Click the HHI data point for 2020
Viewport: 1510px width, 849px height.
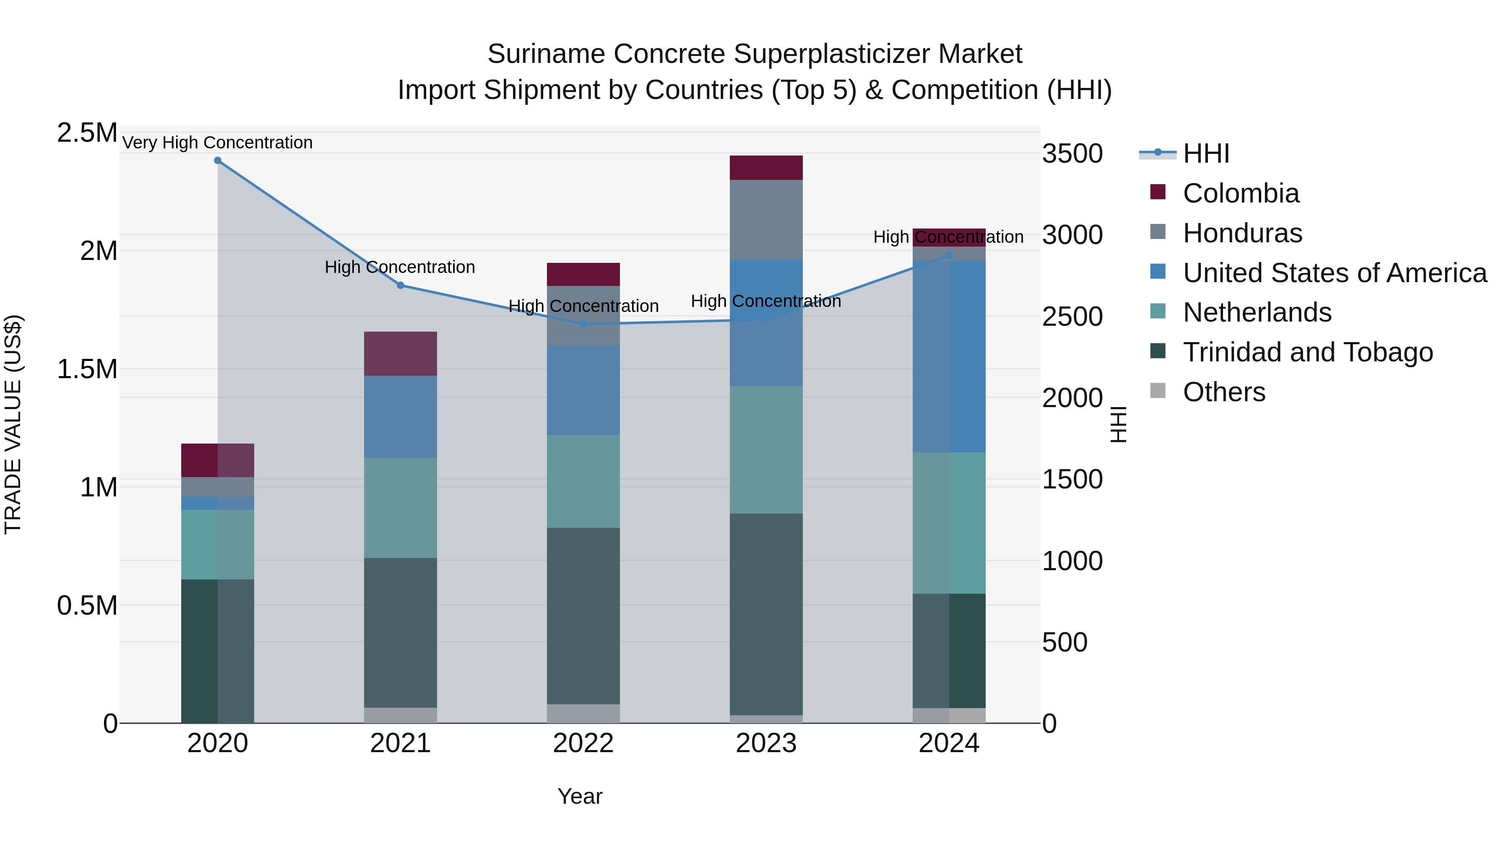[x=217, y=161]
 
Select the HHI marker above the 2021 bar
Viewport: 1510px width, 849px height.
[x=401, y=286]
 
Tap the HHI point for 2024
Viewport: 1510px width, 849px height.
[x=950, y=255]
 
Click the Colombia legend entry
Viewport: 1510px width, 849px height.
[x=1240, y=193]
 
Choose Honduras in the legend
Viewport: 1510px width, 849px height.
[x=1242, y=233]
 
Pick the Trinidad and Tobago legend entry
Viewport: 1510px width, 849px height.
[x=1307, y=352]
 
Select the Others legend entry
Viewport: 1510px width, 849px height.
[x=1224, y=392]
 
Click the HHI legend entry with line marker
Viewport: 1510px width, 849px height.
[x=1205, y=153]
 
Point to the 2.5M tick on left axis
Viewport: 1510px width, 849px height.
[x=87, y=133]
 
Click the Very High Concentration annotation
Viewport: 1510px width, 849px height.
[x=217, y=143]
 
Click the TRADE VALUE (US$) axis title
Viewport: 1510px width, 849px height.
[x=13, y=424]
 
